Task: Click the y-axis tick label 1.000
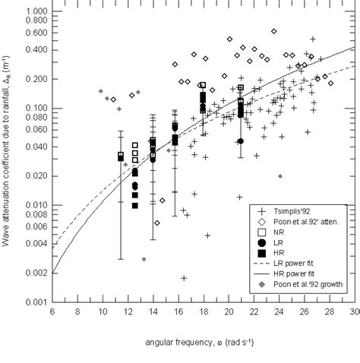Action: [x=35, y=11]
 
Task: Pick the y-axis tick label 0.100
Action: [x=35, y=109]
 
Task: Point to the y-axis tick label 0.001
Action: [x=35, y=302]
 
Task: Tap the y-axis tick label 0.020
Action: [x=35, y=176]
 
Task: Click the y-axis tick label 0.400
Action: [x=35, y=50]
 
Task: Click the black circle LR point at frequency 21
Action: [x=241, y=141]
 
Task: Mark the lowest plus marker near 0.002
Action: [x=184, y=278]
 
